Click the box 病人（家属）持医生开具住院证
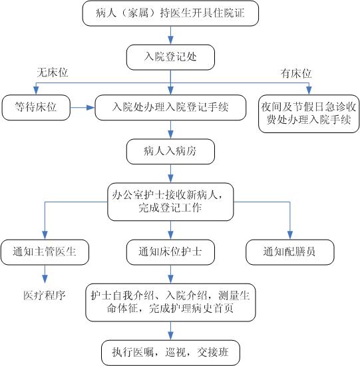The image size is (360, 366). (x=170, y=13)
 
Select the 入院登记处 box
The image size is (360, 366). (x=170, y=57)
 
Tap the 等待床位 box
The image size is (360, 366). (x=36, y=108)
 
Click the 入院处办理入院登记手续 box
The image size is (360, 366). (x=170, y=108)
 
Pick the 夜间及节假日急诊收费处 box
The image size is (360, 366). (x=309, y=114)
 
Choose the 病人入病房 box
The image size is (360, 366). (x=170, y=152)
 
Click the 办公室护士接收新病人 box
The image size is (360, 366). (x=170, y=202)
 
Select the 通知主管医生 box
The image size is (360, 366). (x=45, y=252)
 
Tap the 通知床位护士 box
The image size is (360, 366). (x=170, y=252)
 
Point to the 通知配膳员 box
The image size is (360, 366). (x=290, y=252)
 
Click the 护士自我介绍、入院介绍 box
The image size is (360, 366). (x=170, y=303)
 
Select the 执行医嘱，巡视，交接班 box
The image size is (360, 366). (x=170, y=353)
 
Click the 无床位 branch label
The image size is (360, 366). (x=53, y=73)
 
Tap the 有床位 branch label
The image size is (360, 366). (x=296, y=73)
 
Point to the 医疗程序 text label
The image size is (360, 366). (x=45, y=295)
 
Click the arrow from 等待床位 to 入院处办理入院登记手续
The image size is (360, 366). (x=83, y=108)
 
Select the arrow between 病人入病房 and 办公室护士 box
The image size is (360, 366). (x=170, y=174)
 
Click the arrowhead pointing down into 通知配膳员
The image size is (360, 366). (x=290, y=236)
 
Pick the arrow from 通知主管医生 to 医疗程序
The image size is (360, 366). (x=45, y=274)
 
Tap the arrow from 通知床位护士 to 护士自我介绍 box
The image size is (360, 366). (x=170, y=274)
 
